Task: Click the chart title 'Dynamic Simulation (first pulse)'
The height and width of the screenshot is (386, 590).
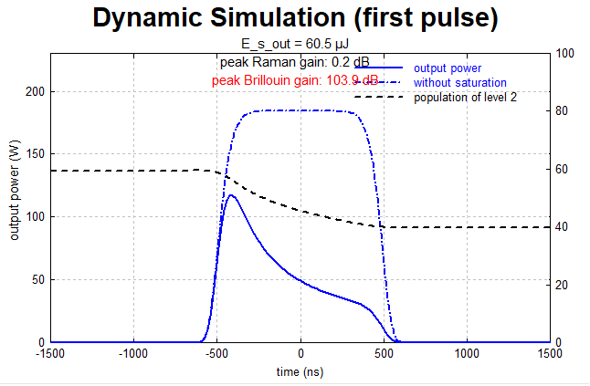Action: click(x=296, y=18)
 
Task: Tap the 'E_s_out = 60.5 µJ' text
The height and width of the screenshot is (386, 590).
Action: click(x=296, y=43)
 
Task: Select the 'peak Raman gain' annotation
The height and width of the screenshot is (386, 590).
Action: click(x=295, y=62)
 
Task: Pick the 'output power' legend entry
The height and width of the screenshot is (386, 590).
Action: click(x=448, y=68)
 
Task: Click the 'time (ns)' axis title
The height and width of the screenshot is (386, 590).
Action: click(x=300, y=372)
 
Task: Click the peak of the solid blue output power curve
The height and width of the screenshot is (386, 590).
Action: click(x=232, y=194)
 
